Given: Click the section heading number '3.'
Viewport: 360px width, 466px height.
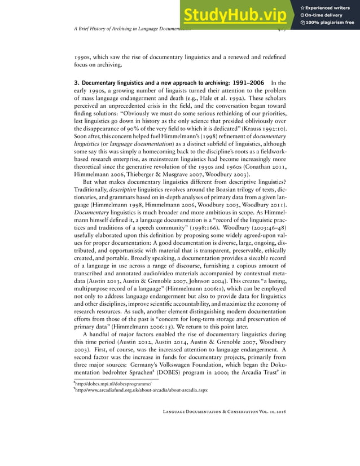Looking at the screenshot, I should point(77,83).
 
